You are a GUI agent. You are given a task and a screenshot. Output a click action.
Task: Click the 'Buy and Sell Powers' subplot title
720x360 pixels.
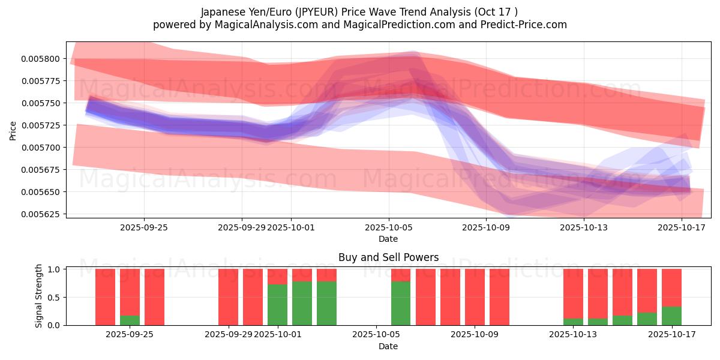pyautogui.click(x=388, y=257)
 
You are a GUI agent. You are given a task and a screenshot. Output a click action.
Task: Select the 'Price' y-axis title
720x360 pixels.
pyautogui.click(x=13, y=130)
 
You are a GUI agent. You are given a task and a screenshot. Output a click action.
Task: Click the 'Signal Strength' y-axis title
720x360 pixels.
pyautogui.click(x=39, y=295)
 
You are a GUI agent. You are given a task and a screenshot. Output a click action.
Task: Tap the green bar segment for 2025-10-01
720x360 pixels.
pyautogui.click(x=277, y=305)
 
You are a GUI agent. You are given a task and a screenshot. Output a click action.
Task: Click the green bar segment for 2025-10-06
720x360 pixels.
pyautogui.click(x=401, y=303)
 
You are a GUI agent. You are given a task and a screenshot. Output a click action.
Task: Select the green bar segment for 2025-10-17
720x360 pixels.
pyautogui.click(x=671, y=316)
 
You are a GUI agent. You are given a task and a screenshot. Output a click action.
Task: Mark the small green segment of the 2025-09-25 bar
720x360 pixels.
pyautogui.click(x=130, y=320)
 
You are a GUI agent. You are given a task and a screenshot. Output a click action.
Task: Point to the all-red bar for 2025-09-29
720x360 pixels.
pyautogui.click(x=228, y=297)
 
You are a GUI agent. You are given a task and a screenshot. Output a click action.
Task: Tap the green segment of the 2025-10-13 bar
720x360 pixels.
pyautogui.click(x=573, y=322)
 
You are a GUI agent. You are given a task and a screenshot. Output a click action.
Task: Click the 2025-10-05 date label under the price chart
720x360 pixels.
pyautogui.click(x=389, y=227)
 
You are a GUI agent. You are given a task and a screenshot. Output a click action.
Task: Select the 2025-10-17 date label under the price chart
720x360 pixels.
pyautogui.click(x=682, y=227)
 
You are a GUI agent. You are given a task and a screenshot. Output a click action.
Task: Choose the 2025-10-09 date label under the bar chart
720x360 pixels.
pyautogui.click(x=475, y=335)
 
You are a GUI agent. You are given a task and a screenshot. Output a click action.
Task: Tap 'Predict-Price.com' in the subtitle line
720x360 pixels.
pyautogui.click(x=526, y=25)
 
